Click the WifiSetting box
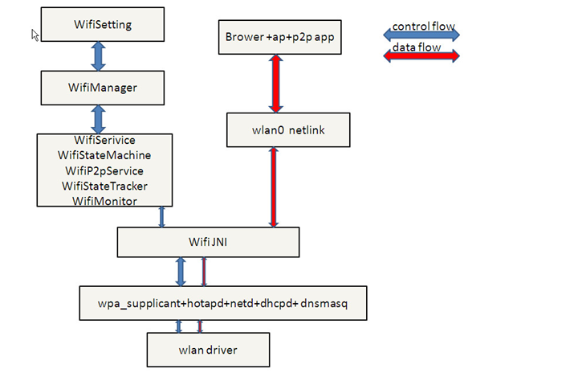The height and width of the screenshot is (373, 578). pyautogui.click(x=102, y=24)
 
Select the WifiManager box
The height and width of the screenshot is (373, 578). pyautogui.click(x=102, y=87)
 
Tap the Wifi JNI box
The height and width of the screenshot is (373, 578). pyautogui.click(x=208, y=241)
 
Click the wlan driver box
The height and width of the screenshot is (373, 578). pyautogui.click(x=208, y=350)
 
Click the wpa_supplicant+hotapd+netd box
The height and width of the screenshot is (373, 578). pyautogui.click(x=222, y=303)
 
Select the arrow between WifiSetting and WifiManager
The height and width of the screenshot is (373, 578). pyautogui.click(x=99, y=55)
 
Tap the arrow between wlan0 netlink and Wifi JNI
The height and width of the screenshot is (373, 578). pyautogui.click(x=275, y=186)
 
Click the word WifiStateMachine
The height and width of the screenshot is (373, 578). pyautogui.click(x=104, y=155)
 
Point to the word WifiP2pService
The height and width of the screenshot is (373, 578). pyautogui.click(x=104, y=170)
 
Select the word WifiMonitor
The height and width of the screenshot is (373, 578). pyautogui.click(x=104, y=201)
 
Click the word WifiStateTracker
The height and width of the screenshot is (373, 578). pyautogui.click(x=104, y=186)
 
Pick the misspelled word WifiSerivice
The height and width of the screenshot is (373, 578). pyautogui.click(x=104, y=141)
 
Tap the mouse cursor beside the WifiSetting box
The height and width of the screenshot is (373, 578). pyautogui.click(x=35, y=35)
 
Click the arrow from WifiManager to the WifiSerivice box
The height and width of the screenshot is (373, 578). pyautogui.click(x=99, y=118)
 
